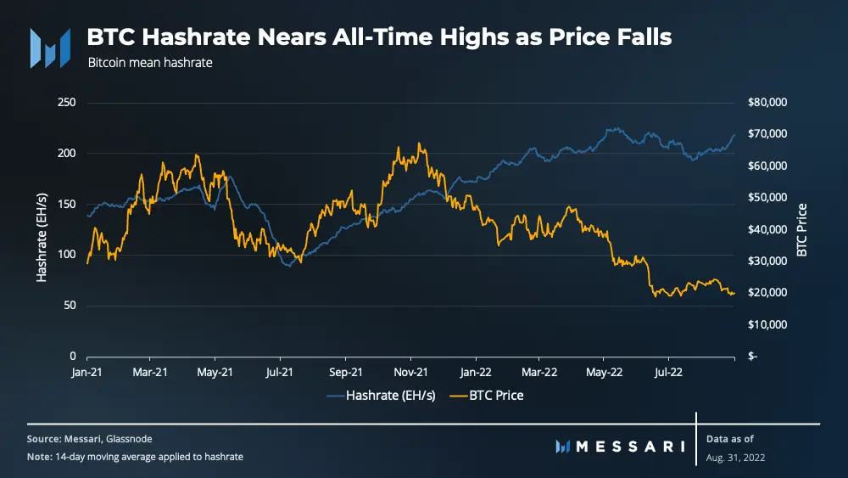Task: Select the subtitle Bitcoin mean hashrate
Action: [149, 63]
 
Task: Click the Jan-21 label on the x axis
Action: [88, 371]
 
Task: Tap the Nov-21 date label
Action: [410, 371]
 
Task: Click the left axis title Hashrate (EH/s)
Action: [42, 229]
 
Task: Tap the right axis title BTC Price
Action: [801, 229]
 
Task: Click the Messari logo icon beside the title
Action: [50, 48]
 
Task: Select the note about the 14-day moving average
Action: [136, 457]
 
